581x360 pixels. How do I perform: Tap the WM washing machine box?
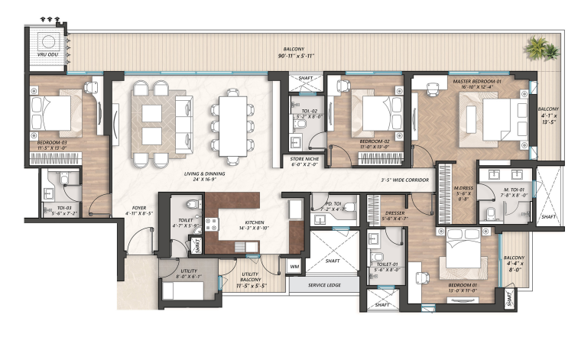294,266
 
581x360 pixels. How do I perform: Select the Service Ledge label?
323,285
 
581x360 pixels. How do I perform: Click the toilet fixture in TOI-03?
64,180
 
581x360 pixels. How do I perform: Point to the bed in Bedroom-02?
378,115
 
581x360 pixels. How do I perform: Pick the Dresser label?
394,215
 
